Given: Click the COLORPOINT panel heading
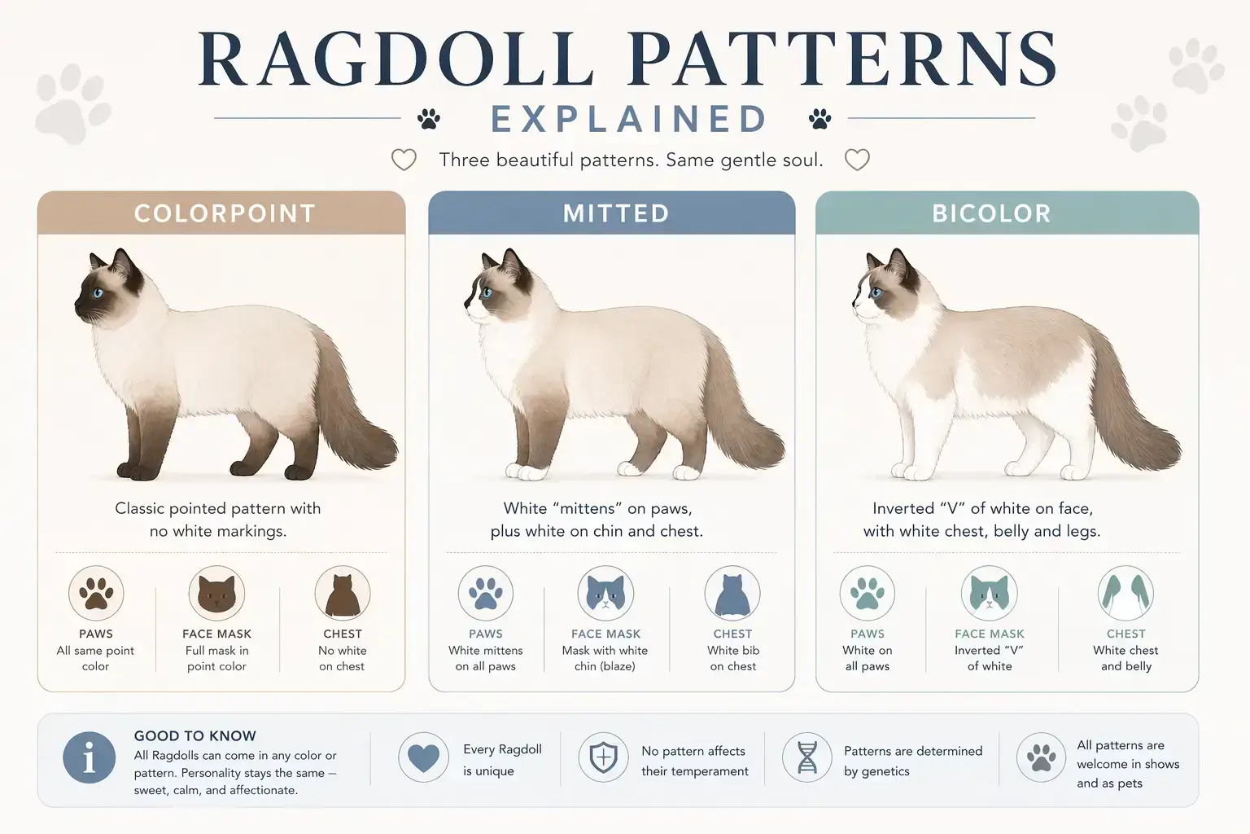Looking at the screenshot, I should pyautogui.click(x=225, y=213).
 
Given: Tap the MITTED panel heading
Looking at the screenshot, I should pyautogui.click(x=616, y=213).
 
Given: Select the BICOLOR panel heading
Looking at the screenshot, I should pyautogui.click(x=991, y=213).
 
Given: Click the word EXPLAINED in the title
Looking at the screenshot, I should pyautogui.click(x=629, y=120).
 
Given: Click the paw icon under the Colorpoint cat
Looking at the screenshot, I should pyautogui.click(x=96, y=594).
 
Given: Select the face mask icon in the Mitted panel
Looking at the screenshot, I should pyautogui.click(x=605, y=594).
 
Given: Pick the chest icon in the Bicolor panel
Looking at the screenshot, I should pyautogui.click(x=1125, y=594).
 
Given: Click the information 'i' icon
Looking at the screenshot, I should pyautogui.click(x=89, y=757).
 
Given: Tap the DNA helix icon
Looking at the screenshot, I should pyautogui.click(x=806, y=757).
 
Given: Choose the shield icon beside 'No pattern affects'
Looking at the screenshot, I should pyautogui.click(x=603, y=757).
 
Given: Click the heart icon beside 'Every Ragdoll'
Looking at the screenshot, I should pyautogui.click(x=423, y=757).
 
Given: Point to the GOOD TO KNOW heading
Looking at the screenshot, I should pyautogui.click(x=195, y=735).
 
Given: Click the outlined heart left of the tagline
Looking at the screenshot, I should pyautogui.click(x=404, y=160).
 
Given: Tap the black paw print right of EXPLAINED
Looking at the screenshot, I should pyautogui.click(x=820, y=119).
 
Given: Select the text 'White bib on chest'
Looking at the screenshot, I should pyautogui.click(x=732, y=658).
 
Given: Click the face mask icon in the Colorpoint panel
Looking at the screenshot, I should pyautogui.click(x=216, y=594).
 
